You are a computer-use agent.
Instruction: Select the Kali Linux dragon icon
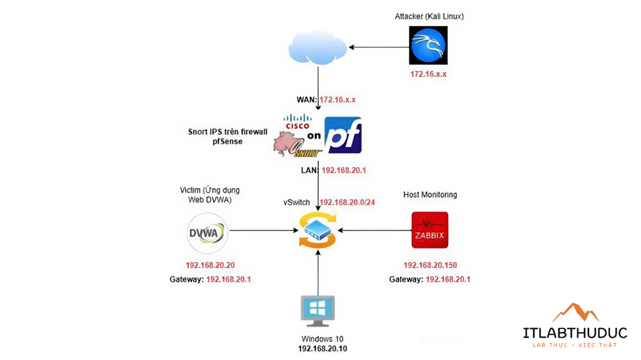pyautogui.click(x=428, y=45)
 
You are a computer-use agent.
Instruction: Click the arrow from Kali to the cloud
pyautogui.click(x=379, y=47)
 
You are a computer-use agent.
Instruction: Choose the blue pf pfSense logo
pyautogui.click(x=343, y=135)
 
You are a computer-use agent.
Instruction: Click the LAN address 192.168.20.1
pyautogui.click(x=343, y=170)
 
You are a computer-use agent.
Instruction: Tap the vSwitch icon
pyautogui.click(x=318, y=231)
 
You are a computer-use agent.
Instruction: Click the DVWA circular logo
pyautogui.click(x=207, y=232)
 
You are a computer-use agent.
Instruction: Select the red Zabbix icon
pyautogui.click(x=430, y=230)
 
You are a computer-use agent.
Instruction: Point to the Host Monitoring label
pyautogui.click(x=430, y=195)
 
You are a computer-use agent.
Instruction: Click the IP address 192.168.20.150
pyautogui.click(x=430, y=265)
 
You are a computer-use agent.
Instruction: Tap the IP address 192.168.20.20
pyautogui.click(x=210, y=265)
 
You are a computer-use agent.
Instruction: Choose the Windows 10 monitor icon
pyautogui.click(x=318, y=311)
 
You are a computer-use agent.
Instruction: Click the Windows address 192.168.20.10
pyautogui.click(x=323, y=348)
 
